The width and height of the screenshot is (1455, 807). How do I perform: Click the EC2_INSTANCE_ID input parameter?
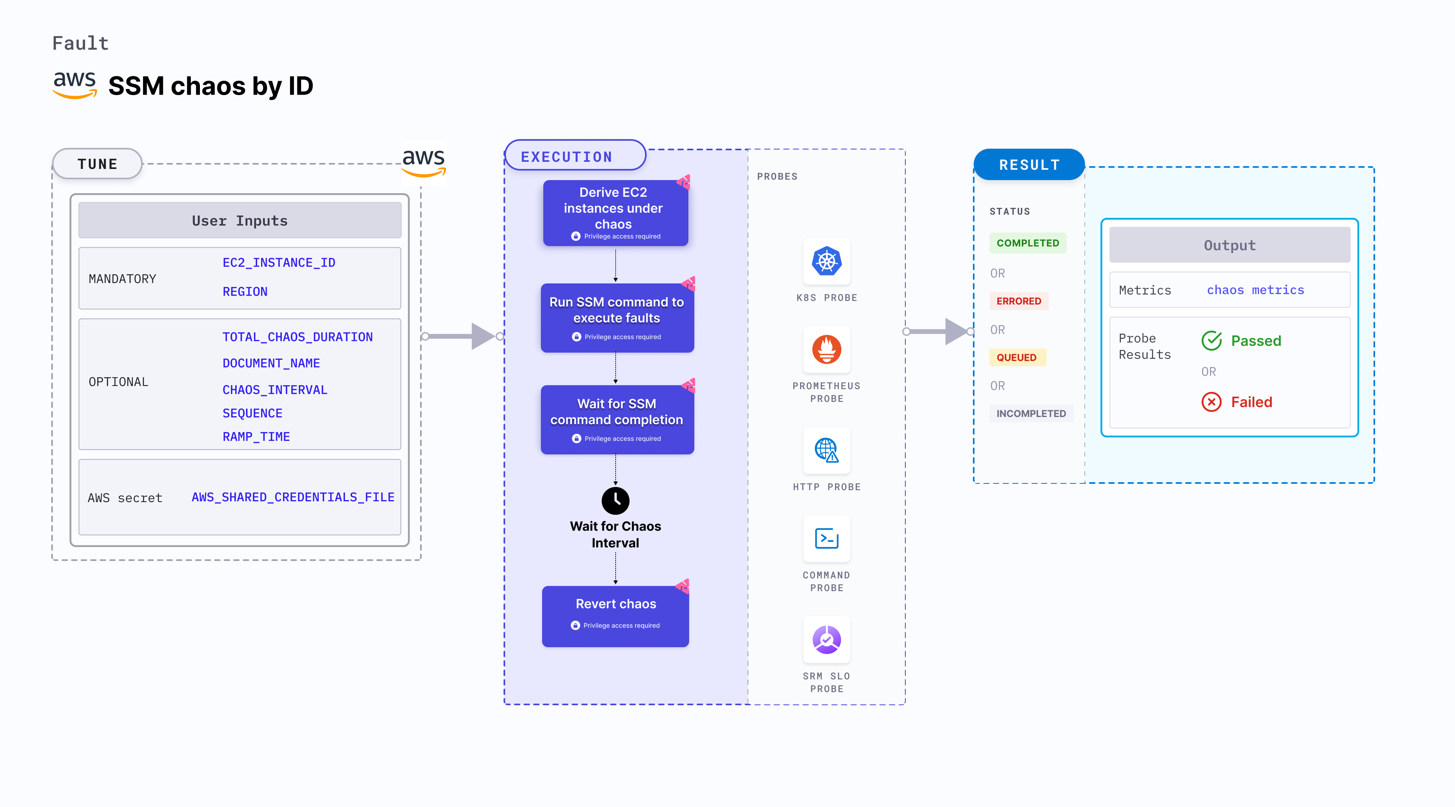(x=279, y=263)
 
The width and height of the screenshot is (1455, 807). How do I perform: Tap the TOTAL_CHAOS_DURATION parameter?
(x=297, y=337)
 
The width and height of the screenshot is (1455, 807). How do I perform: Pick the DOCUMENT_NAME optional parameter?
(x=271, y=363)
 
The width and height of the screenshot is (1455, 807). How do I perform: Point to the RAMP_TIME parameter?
(x=256, y=437)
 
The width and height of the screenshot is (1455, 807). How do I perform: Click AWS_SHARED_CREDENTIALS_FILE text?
(x=293, y=497)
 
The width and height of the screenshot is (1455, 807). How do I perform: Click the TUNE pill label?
(x=97, y=164)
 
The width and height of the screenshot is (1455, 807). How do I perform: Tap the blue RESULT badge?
(x=1029, y=165)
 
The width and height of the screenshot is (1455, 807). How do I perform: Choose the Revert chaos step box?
(x=615, y=616)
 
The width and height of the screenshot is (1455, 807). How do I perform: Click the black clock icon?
(x=615, y=500)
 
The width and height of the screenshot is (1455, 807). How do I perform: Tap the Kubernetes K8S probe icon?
(x=826, y=262)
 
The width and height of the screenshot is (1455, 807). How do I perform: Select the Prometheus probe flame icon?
(x=826, y=349)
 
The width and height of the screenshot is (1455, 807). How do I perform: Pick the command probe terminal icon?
(x=826, y=539)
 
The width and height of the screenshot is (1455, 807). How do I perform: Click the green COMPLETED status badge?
(x=1027, y=243)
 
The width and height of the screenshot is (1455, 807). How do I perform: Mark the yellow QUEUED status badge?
(x=1016, y=357)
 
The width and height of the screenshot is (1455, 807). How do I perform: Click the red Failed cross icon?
(x=1211, y=402)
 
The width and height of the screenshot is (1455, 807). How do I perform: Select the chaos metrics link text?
(x=1255, y=290)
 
